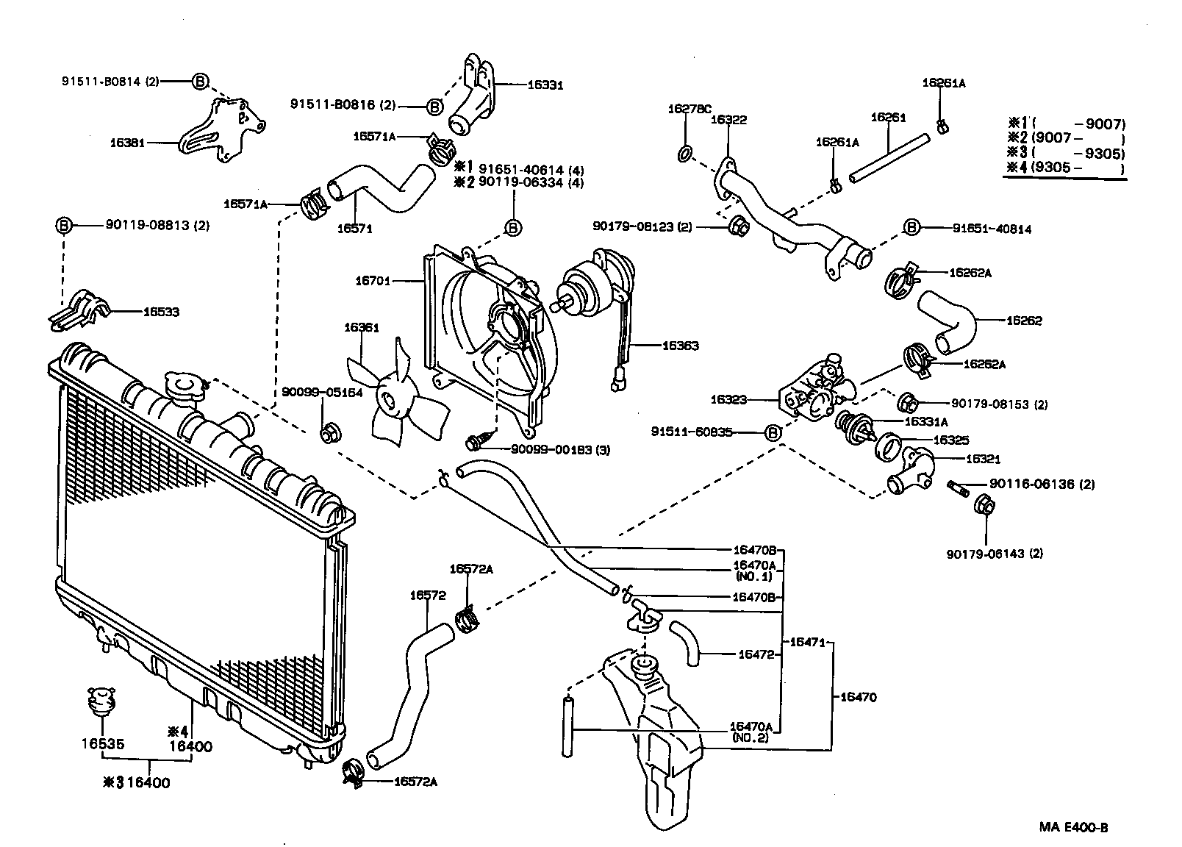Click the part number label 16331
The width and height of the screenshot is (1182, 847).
click(x=545, y=85)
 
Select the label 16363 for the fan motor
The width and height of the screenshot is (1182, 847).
click(x=680, y=346)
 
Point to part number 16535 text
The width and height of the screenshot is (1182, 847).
click(x=102, y=744)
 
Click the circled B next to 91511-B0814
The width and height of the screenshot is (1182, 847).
click(x=200, y=82)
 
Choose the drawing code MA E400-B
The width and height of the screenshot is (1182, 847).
click(x=1073, y=827)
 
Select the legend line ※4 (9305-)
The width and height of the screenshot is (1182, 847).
click(x=1066, y=169)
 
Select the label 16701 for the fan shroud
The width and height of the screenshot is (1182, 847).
click(x=373, y=280)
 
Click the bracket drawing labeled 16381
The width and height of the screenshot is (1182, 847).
click(x=221, y=132)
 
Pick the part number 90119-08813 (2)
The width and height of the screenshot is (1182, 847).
click(x=157, y=226)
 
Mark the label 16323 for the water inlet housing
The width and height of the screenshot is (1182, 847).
click(x=728, y=399)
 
